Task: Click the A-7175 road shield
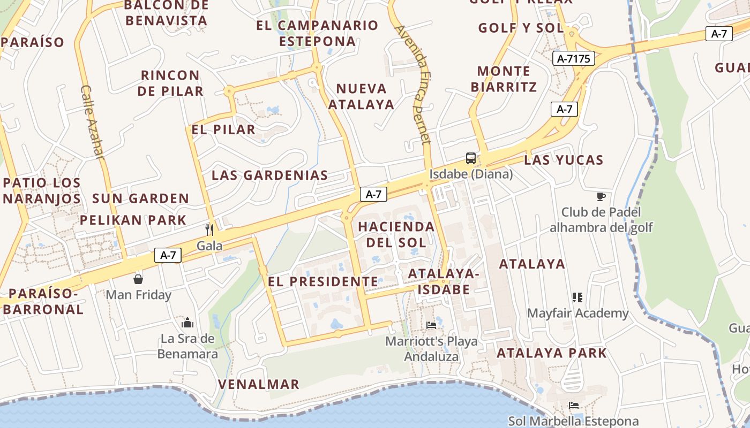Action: point(574,59)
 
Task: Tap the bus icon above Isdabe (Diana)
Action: point(471,158)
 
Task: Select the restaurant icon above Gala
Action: point(209,230)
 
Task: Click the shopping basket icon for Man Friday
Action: point(138,279)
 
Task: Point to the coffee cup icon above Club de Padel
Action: point(601,196)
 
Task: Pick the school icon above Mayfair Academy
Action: point(577,297)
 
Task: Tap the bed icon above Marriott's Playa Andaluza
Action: point(431,325)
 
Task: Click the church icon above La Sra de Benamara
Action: point(187,323)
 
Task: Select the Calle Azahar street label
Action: point(92,122)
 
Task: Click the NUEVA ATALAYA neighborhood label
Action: point(361,96)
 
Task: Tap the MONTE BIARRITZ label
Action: point(504,79)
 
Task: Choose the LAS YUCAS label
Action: point(564,160)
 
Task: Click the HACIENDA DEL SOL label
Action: point(396,234)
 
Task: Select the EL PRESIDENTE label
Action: point(323,281)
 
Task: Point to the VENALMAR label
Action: point(259,384)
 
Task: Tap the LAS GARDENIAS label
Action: point(269,175)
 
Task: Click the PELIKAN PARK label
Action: point(133,220)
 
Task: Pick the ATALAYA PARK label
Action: point(552,353)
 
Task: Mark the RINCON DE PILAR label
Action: point(170,83)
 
